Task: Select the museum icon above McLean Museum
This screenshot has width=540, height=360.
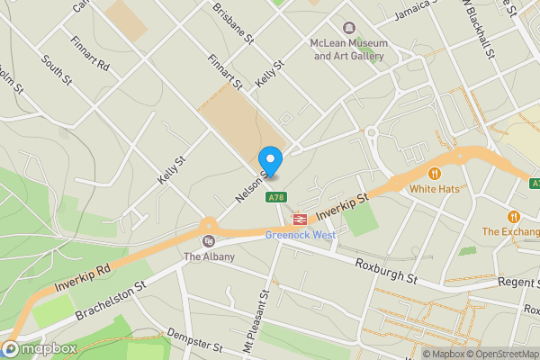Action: pyautogui.click(x=350, y=28)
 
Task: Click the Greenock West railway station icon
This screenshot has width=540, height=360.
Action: pyautogui.click(x=299, y=218)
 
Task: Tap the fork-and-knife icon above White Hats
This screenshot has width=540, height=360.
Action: pyautogui.click(x=435, y=173)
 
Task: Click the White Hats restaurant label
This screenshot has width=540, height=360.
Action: pyautogui.click(x=435, y=189)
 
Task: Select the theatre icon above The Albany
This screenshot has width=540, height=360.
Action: pyautogui.click(x=209, y=241)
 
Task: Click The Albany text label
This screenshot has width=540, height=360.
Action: pyautogui.click(x=209, y=257)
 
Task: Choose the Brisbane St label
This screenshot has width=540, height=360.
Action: pyautogui.click(x=229, y=20)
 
